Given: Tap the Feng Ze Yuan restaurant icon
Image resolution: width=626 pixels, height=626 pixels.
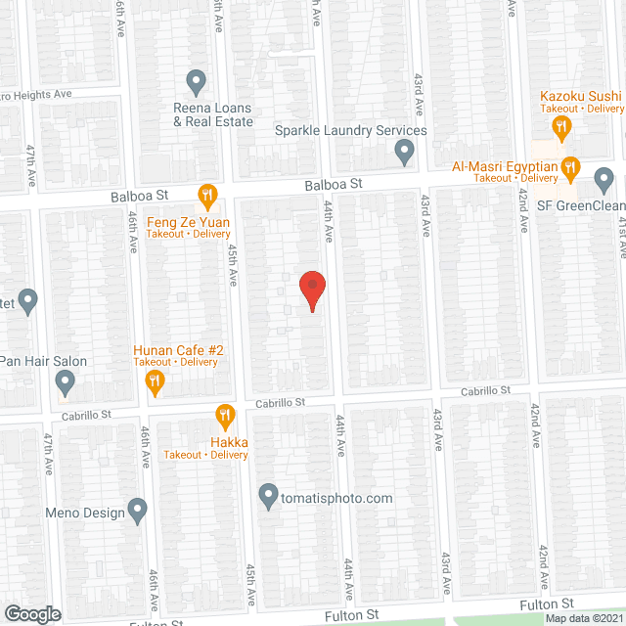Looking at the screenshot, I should pyautogui.click(x=206, y=197).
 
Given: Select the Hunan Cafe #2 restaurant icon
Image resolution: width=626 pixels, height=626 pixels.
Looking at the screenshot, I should pyautogui.click(x=155, y=382).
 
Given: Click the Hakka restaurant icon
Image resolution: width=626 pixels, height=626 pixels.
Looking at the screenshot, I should pyautogui.click(x=225, y=416).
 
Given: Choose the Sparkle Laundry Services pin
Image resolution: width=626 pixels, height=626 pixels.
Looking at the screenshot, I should pyautogui.click(x=403, y=152).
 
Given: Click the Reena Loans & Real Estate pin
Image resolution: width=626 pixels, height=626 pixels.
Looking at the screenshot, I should pyautogui.click(x=195, y=81).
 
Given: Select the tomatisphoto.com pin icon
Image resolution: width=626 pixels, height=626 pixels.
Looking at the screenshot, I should pyautogui.click(x=268, y=497).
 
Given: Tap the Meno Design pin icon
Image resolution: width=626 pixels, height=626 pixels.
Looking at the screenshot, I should pyautogui.click(x=137, y=510).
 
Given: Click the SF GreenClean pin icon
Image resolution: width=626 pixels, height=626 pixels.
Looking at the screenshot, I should pyautogui.click(x=604, y=180).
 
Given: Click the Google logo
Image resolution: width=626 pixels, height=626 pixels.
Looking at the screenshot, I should pyautogui.click(x=33, y=613).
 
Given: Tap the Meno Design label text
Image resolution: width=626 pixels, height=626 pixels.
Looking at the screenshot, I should pyautogui.click(x=85, y=512).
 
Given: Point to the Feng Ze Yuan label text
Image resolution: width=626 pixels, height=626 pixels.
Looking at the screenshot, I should pyautogui.click(x=189, y=222).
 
